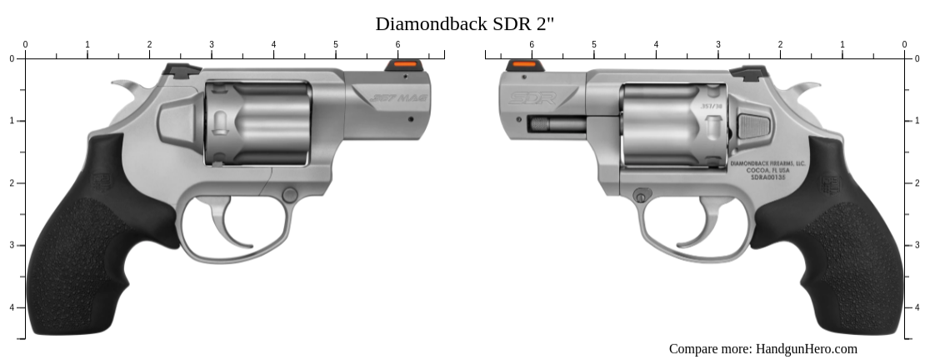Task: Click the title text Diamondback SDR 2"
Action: [464, 23]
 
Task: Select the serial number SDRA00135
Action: [769, 177]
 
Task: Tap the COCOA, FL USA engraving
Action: [769, 170]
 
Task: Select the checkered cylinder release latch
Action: [752, 126]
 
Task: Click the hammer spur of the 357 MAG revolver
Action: [128, 87]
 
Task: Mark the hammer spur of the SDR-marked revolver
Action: [802, 88]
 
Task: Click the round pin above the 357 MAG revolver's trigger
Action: [289, 195]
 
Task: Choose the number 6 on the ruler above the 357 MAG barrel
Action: [397, 44]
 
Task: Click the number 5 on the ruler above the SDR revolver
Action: [593, 44]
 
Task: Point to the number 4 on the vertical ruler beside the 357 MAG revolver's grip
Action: [12, 307]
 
